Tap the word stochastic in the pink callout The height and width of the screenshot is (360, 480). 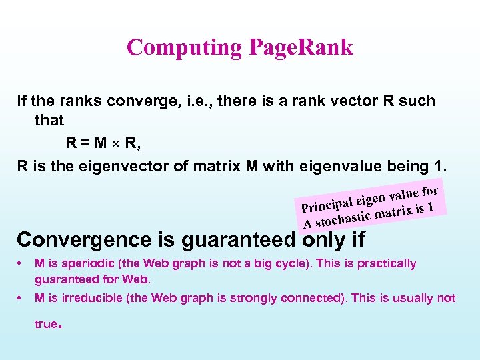(343, 217)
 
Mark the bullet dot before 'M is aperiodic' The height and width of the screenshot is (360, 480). (22, 263)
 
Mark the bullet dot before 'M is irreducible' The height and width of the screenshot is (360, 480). (22, 298)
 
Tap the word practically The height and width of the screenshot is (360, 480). (387, 263)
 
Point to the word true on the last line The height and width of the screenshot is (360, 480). (46, 324)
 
